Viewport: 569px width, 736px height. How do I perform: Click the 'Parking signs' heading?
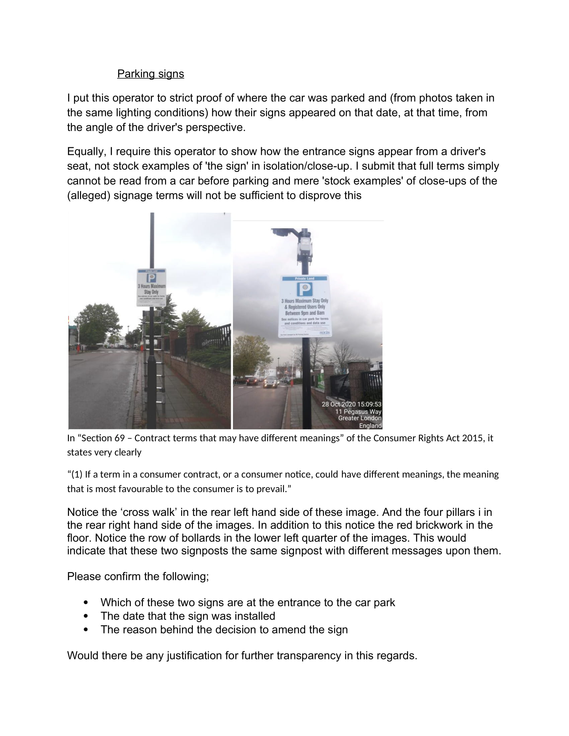coord(150,74)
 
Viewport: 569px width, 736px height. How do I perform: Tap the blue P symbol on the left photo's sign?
coord(151,278)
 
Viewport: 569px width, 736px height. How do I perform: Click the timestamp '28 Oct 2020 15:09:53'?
coord(351,404)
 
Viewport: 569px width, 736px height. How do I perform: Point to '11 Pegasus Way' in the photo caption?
coord(358,411)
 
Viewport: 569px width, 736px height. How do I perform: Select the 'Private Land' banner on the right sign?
coord(305,278)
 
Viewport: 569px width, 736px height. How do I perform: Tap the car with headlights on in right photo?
coord(271,382)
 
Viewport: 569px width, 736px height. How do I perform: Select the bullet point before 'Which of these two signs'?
coord(86,602)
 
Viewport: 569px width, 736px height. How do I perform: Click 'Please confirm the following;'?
coord(138,576)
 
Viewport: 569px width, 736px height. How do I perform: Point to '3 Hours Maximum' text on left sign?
coord(151,286)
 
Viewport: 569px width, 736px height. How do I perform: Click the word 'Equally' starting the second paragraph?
coord(87,152)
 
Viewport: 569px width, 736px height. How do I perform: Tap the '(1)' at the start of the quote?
coord(77,474)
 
